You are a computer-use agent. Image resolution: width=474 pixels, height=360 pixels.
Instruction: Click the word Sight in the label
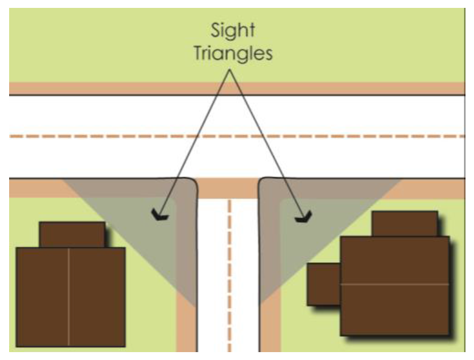coord(233,30)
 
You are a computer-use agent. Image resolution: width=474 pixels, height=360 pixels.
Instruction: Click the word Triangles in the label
coord(233,53)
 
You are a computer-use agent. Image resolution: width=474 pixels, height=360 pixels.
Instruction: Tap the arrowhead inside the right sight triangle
coord(303,217)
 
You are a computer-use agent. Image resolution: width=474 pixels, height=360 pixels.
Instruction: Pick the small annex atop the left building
coord(72,234)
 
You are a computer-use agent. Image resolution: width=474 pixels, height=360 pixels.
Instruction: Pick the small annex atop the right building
coord(404,223)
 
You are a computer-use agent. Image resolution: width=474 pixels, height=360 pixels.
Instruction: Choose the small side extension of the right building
coord(323,284)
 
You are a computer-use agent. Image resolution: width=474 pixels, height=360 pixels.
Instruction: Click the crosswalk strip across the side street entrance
coord(228,188)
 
